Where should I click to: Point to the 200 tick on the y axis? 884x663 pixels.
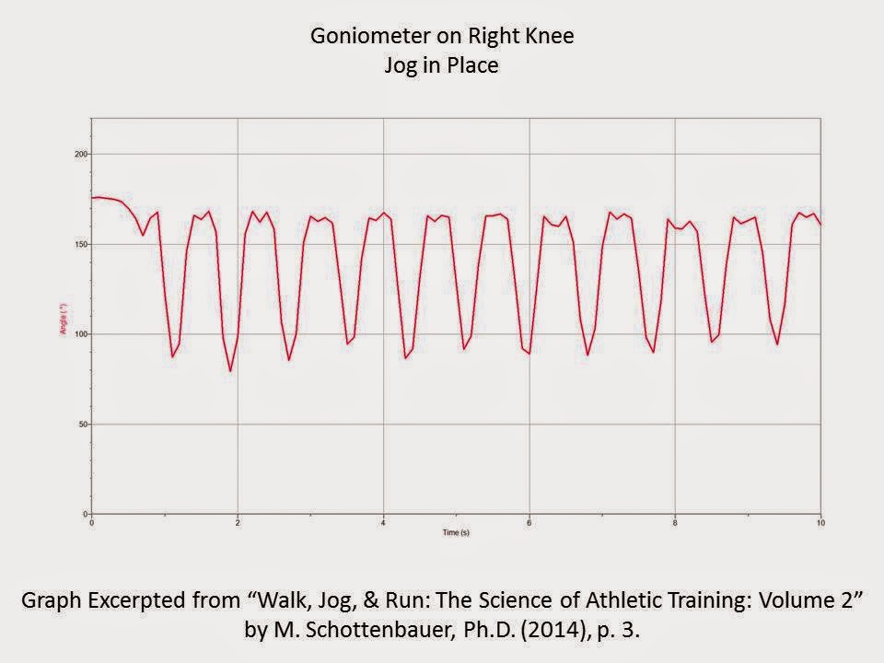coord(81,154)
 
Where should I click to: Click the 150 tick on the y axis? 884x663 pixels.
coord(81,244)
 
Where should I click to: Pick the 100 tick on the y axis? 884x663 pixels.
coord(81,334)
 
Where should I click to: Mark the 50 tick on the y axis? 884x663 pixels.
coord(83,425)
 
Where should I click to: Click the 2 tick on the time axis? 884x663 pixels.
coord(238,522)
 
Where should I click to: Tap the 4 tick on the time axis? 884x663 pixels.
coord(383,522)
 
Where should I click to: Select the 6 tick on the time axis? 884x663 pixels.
coord(529,522)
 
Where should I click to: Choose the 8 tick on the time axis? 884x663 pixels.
coord(675,522)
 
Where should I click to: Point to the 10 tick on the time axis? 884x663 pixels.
coord(820,522)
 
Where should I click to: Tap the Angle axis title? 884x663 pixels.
coord(64,331)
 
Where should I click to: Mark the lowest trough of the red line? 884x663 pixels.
coord(230,371)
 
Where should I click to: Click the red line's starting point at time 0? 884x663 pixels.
coord(93,198)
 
